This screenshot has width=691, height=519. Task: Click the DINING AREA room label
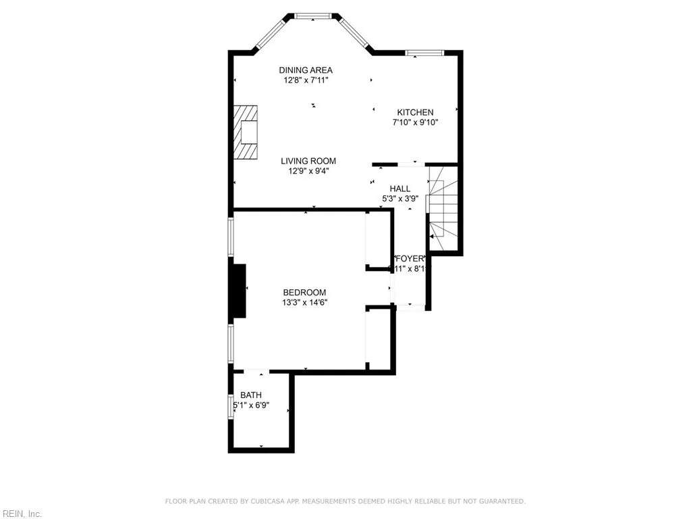tap(306, 70)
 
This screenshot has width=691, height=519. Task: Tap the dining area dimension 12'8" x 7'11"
tap(306, 80)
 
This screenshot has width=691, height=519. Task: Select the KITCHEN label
tap(415, 112)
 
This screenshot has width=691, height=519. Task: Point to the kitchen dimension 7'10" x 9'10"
tap(415, 123)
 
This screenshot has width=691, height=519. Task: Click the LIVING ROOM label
tap(308, 161)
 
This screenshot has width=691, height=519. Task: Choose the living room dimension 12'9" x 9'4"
tap(308, 171)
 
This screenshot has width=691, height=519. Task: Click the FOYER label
tap(409, 259)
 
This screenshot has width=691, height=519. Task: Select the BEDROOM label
tap(304, 292)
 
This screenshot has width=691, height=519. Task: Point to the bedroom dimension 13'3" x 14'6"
tap(304, 303)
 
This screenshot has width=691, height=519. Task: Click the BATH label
tap(251, 395)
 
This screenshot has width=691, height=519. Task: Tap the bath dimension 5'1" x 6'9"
tap(252, 405)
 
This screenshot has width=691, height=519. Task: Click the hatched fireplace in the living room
tap(246, 132)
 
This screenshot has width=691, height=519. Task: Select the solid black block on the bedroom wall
tap(238, 291)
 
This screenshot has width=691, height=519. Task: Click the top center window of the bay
tap(314, 16)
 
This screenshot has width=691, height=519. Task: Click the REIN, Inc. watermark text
tap(21, 514)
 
